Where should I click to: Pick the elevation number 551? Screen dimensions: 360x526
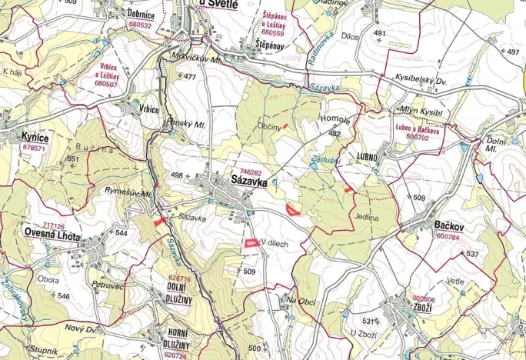click(x=72, y=158)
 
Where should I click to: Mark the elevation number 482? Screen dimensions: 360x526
click(x=335, y=133)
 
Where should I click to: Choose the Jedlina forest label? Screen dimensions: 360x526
click(x=367, y=218)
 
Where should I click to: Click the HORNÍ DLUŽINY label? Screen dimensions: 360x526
click(x=178, y=335)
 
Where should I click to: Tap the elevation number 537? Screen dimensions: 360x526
click(x=472, y=253)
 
